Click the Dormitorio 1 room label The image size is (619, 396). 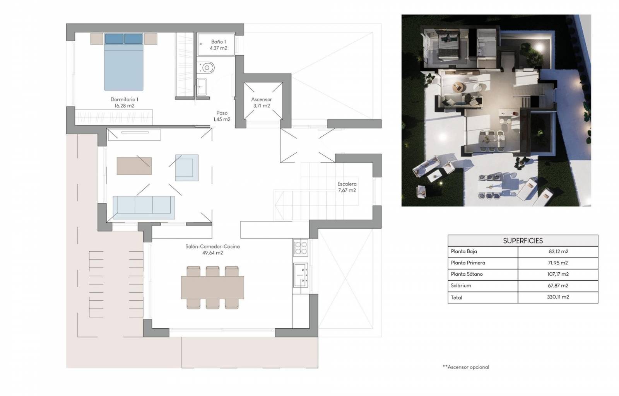(x=124, y=102)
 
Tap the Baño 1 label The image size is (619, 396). (x=218, y=45)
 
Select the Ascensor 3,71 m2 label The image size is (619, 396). (x=262, y=102)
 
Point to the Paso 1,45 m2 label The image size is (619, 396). (x=222, y=116)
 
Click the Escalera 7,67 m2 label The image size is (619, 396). (x=347, y=187)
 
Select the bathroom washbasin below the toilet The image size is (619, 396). (x=202, y=87)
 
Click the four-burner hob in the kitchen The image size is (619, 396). (x=300, y=247)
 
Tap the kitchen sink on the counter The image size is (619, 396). (x=300, y=275)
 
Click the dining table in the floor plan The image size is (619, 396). (x=212, y=287)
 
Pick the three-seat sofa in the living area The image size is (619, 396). (x=144, y=208)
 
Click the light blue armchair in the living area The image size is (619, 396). (x=187, y=167)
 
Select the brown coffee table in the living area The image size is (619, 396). (x=134, y=166)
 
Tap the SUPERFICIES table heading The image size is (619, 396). (x=523, y=241)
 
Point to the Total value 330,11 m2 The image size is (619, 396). (x=558, y=297)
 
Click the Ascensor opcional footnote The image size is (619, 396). (x=466, y=367)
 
